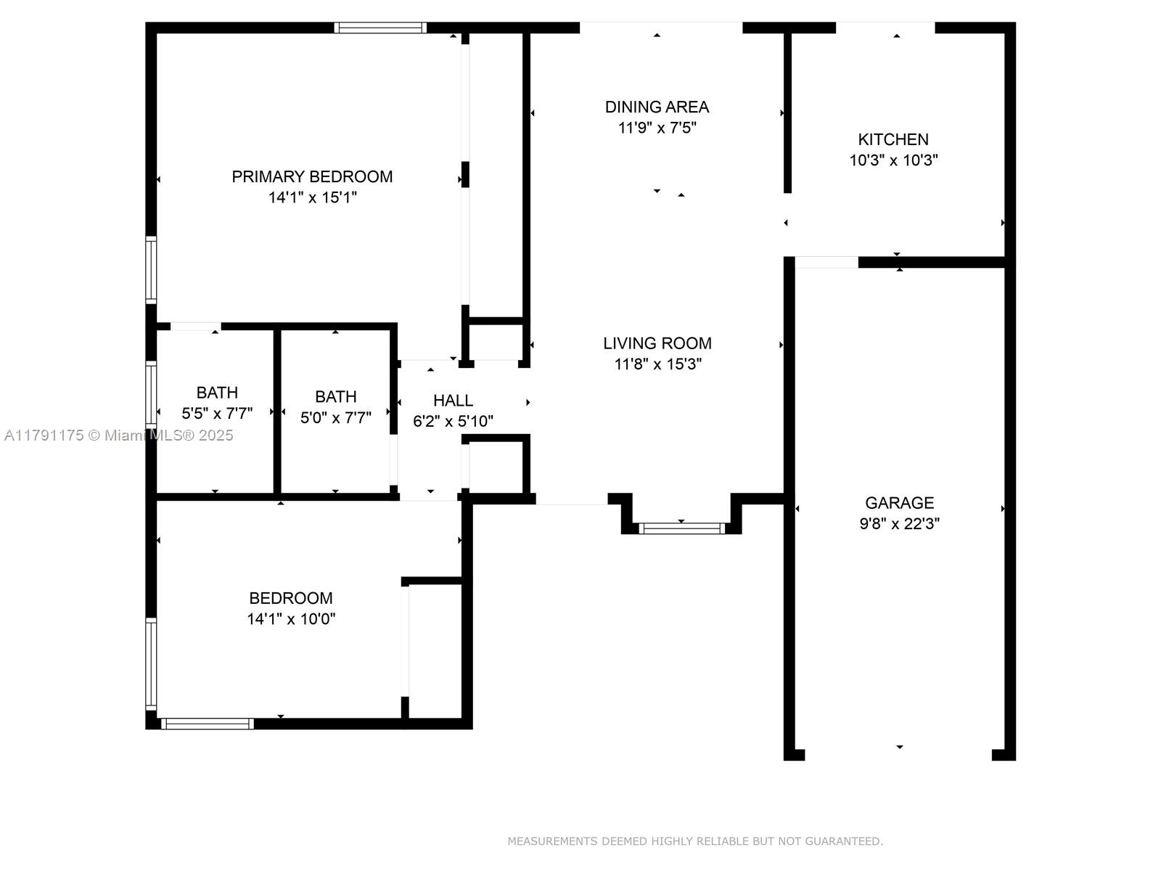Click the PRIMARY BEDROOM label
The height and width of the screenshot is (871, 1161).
click(x=312, y=176)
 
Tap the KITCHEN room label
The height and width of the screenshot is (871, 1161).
click(x=893, y=139)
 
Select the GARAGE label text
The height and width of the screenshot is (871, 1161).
click(x=899, y=502)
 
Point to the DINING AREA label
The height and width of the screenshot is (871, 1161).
click(x=657, y=107)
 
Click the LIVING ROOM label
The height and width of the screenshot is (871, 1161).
click(x=657, y=343)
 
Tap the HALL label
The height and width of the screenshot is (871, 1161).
click(x=454, y=401)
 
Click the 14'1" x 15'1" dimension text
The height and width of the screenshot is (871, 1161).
click(x=312, y=197)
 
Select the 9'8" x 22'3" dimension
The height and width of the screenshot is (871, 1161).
click(x=899, y=523)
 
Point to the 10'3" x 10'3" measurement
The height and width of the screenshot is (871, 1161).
click(x=893, y=160)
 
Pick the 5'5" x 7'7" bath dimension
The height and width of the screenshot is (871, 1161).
click(x=217, y=413)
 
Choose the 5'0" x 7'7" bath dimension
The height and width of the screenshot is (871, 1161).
click(x=336, y=418)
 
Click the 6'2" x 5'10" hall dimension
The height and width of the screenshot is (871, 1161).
click(x=454, y=421)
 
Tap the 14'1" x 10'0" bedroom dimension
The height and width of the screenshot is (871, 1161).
click(x=291, y=618)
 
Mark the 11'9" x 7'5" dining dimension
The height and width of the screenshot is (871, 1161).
click(x=657, y=128)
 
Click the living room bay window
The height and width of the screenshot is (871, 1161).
click(x=682, y=528)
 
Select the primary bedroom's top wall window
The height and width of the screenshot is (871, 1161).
click(x=380, y=28)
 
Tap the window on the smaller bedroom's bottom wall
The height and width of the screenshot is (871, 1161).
click(x=208, y=724)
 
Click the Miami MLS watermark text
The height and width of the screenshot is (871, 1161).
click(x=118, y=435)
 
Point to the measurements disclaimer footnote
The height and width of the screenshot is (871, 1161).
click(x=695, y=841)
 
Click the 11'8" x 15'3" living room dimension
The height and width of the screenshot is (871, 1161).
click(x=657, y=364)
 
